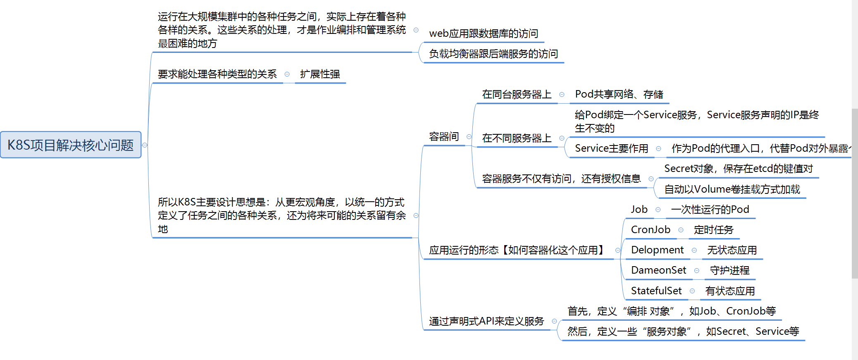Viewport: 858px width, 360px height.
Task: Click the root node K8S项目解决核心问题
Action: pyautogui.click(x=71, y=145)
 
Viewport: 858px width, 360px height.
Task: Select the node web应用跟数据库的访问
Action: pyautogui.click(x=484, y=33)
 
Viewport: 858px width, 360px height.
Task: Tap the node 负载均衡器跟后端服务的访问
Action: pyautogui.click(x=493, y=54)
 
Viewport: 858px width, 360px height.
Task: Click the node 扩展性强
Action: pyautogui.click(x=320, y=74)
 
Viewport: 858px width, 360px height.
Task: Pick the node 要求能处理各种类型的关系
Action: pyautogui.click(x=217, y=74)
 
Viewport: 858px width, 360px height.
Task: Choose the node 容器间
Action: pyautogui.click(x=444, y=137)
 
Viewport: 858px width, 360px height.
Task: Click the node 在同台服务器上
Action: pyautogui.click(x=517, y=95)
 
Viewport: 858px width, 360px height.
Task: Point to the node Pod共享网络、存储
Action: pyautogui.click(x=619, y=95)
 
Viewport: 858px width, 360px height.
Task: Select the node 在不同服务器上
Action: pyautogui.click(x=517, y=138)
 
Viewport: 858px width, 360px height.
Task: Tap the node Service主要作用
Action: pyautogui.click(x=611, y=148)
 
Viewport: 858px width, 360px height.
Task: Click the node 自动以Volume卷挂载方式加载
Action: pyautogui.click(x=732, y=189)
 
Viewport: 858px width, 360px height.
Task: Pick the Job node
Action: pyautogui.click(x=639, y=210)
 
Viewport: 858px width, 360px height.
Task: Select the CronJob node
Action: pyautogui.click(x=651, y=230)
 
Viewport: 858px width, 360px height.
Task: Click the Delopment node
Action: pyautogui.click(x=657, y=250)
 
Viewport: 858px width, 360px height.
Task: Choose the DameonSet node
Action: pyautogui.click(x=658, y=270)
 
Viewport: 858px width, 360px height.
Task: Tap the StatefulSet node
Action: pyautogui.click(x=656, y=291)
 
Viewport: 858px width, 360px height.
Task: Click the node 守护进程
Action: pyautogui.click(x=729, y=270)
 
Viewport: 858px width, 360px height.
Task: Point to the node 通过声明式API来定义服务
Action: pyautogui.click(x=486, y=321)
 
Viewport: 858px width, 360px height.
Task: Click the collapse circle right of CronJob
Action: pyautogui.click(x=681, y=230)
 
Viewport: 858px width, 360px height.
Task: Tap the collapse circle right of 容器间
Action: pyautogui.click(x=469, y=137)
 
